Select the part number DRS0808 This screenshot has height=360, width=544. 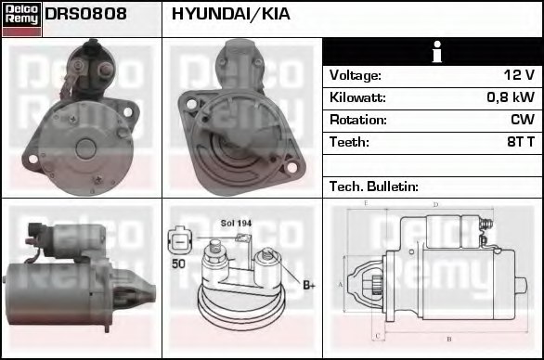[x=85, y=14]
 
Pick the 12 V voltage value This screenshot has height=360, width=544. [x=516, y=75]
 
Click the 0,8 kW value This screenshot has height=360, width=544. [x=511, y=97]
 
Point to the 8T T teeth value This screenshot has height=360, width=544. [x=518, y=142]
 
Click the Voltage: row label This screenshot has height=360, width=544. [x=355, y=75]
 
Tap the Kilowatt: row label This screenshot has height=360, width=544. [x=357, y=97]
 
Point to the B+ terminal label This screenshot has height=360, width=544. [x=308, y=285]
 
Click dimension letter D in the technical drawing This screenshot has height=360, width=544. [x=435, y=204]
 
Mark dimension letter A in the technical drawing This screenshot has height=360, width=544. [x=341, y=283]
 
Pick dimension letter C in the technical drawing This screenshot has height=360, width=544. [x=376, y=333]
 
